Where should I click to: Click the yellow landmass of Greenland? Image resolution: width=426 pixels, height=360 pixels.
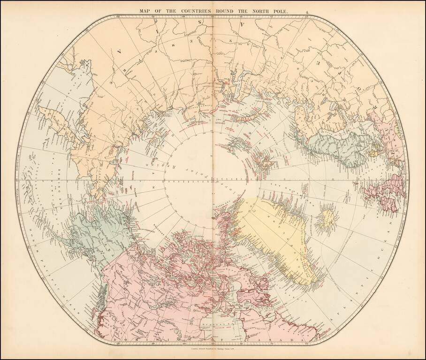coord(272,230)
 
